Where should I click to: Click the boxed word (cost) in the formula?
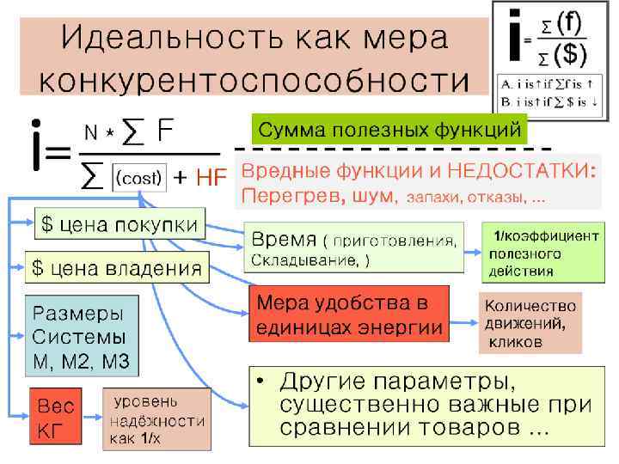click(x=138, y=177)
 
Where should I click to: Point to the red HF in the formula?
click(x=211, y=178)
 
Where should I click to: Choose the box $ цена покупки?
click(x=120, y=225)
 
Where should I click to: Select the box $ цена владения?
click(x=117, y=268)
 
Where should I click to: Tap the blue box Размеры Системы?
click(x=82, y=336)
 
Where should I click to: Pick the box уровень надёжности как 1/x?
click(x=156, y=419)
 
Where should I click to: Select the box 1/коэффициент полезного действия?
click(x=540, y=253)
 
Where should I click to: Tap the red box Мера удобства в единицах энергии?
click(x=349, y=314)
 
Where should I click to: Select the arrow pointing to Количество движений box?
click(x=464, y=322)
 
